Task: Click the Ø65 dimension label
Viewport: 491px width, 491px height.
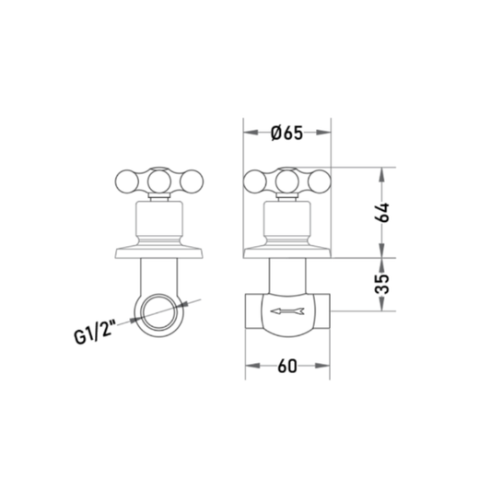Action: pyautogui.click(x=286, y=133)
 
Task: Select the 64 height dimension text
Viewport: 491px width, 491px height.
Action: pyautogui.click(x=382, y=213)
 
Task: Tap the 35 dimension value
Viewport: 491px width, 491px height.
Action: pyautogui.click(x=382, y=284)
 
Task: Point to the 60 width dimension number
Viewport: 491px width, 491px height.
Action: pyautogui.click(x=287, y=366)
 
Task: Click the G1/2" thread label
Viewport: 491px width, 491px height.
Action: pyautogui.click(x=95, y=332)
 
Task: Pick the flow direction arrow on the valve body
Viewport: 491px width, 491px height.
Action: pyautogui.click(x=287, y=311)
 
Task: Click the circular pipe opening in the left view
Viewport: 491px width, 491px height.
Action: pyautogui.click(x=159, y=312)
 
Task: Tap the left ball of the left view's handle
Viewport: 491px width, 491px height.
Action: pyautogui.click(x=126, y=181)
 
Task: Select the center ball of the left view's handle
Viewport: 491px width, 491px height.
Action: pyautogui.click(x=159, y=181)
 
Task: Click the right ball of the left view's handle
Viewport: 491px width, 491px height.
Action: pyautogui.click(x=192, y=181)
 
